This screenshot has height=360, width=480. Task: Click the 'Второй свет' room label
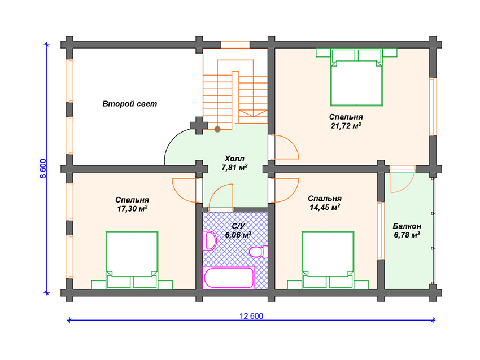(129, 104)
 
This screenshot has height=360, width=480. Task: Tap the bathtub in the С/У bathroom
(229, 278)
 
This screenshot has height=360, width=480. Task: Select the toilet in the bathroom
(259, 252)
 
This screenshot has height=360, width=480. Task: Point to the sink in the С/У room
(210, 241)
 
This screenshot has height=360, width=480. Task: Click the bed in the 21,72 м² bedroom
(356, 77)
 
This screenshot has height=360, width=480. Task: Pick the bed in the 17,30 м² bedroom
(132, 260)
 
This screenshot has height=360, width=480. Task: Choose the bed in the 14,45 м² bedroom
(328, 260)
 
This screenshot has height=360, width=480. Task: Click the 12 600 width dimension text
(251, 316)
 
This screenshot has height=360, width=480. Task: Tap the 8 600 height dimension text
(43, 169)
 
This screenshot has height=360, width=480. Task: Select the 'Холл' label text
(234, 159)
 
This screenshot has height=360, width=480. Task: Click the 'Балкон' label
(407, 226)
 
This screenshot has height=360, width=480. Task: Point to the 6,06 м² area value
(238, 235)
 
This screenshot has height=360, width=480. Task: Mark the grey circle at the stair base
(217, 129)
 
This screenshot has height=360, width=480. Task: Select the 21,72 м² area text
(346, 126)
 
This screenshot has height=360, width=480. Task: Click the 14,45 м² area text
(325, 208)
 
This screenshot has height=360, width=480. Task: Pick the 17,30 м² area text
(132, 209)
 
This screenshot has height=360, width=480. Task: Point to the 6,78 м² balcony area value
(407, 235)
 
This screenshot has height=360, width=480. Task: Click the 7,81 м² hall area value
(234, 168)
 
